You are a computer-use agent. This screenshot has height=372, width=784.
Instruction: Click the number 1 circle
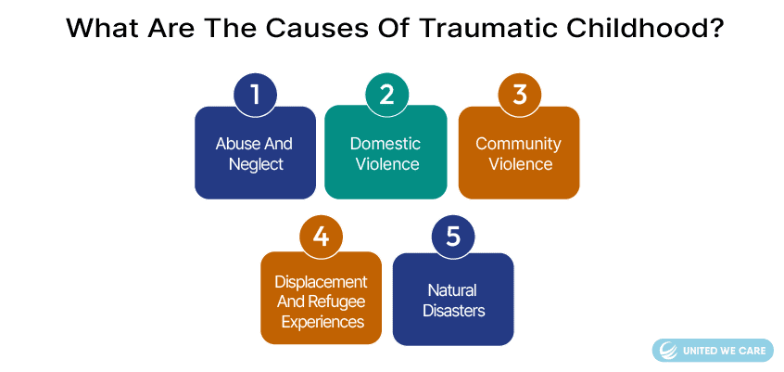(255, 95)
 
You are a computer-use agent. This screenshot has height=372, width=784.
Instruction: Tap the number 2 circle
(386, 95)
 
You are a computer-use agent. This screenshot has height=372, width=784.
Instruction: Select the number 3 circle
(520, 95)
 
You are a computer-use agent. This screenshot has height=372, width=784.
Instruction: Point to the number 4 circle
(321, 237)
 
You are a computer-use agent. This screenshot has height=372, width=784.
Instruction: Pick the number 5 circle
(453, 237)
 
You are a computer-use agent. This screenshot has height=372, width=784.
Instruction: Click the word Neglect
(256, 164)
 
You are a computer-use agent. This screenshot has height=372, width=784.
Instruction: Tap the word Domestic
(385, 144)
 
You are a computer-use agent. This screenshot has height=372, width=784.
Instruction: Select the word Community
(519, 144)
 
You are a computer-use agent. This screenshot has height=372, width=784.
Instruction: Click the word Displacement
(321, 282)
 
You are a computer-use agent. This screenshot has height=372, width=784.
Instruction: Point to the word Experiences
(322, 321)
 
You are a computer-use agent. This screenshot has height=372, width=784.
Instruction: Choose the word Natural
(452, 289)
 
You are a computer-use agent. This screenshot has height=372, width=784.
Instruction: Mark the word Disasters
(454, 311)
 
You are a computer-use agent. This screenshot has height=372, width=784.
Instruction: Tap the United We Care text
(723, 351)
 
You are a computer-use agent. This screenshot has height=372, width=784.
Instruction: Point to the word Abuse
(233, 144)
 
